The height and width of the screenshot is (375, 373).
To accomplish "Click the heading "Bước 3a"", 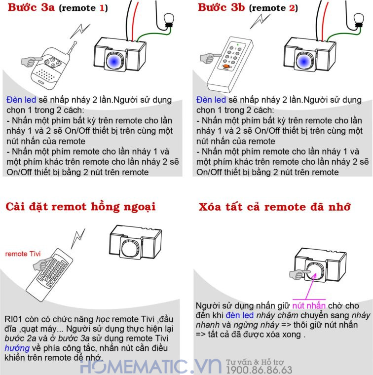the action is coord(31,7).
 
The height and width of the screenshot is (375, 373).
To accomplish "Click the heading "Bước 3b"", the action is coord(222,7).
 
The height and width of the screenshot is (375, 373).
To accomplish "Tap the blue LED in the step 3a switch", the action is coord(114,61).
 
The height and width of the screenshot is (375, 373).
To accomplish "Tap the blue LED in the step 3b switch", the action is coord(303,62).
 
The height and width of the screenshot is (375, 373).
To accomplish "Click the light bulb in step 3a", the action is coord(169,20).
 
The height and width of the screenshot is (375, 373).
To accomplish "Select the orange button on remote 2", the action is coord(226,66).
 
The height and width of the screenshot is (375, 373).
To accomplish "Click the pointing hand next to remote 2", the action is coord(210,58).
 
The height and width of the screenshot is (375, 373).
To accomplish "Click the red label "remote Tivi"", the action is coord(23,254).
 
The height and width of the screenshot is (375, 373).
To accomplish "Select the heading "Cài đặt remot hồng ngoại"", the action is coord(80,207).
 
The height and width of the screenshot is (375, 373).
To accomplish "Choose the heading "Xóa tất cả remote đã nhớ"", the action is coord(274,207).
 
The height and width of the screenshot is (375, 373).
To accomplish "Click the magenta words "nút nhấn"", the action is coord(309,305).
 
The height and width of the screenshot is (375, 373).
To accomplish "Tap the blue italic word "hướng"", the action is coord(17,348).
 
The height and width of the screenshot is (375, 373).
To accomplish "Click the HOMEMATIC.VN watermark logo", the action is coord(151,366).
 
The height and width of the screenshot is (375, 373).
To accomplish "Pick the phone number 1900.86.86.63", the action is coord(259,370).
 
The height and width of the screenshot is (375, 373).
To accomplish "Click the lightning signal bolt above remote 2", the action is coord(260,21).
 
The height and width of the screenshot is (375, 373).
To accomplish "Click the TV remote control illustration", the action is coord(49,274).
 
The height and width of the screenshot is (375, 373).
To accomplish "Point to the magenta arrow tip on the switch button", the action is coord(315,274).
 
